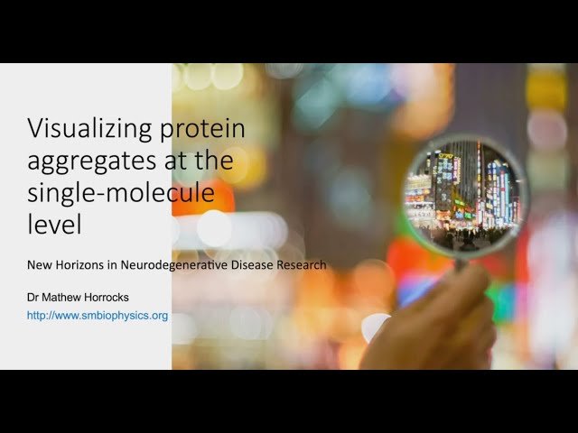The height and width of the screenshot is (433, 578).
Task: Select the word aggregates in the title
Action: coord(86,163)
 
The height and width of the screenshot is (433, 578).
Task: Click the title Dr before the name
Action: coord(33,297)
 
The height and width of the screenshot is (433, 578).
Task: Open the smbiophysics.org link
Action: coord(98,316)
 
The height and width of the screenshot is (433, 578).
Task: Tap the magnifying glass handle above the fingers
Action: coord(459,265)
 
